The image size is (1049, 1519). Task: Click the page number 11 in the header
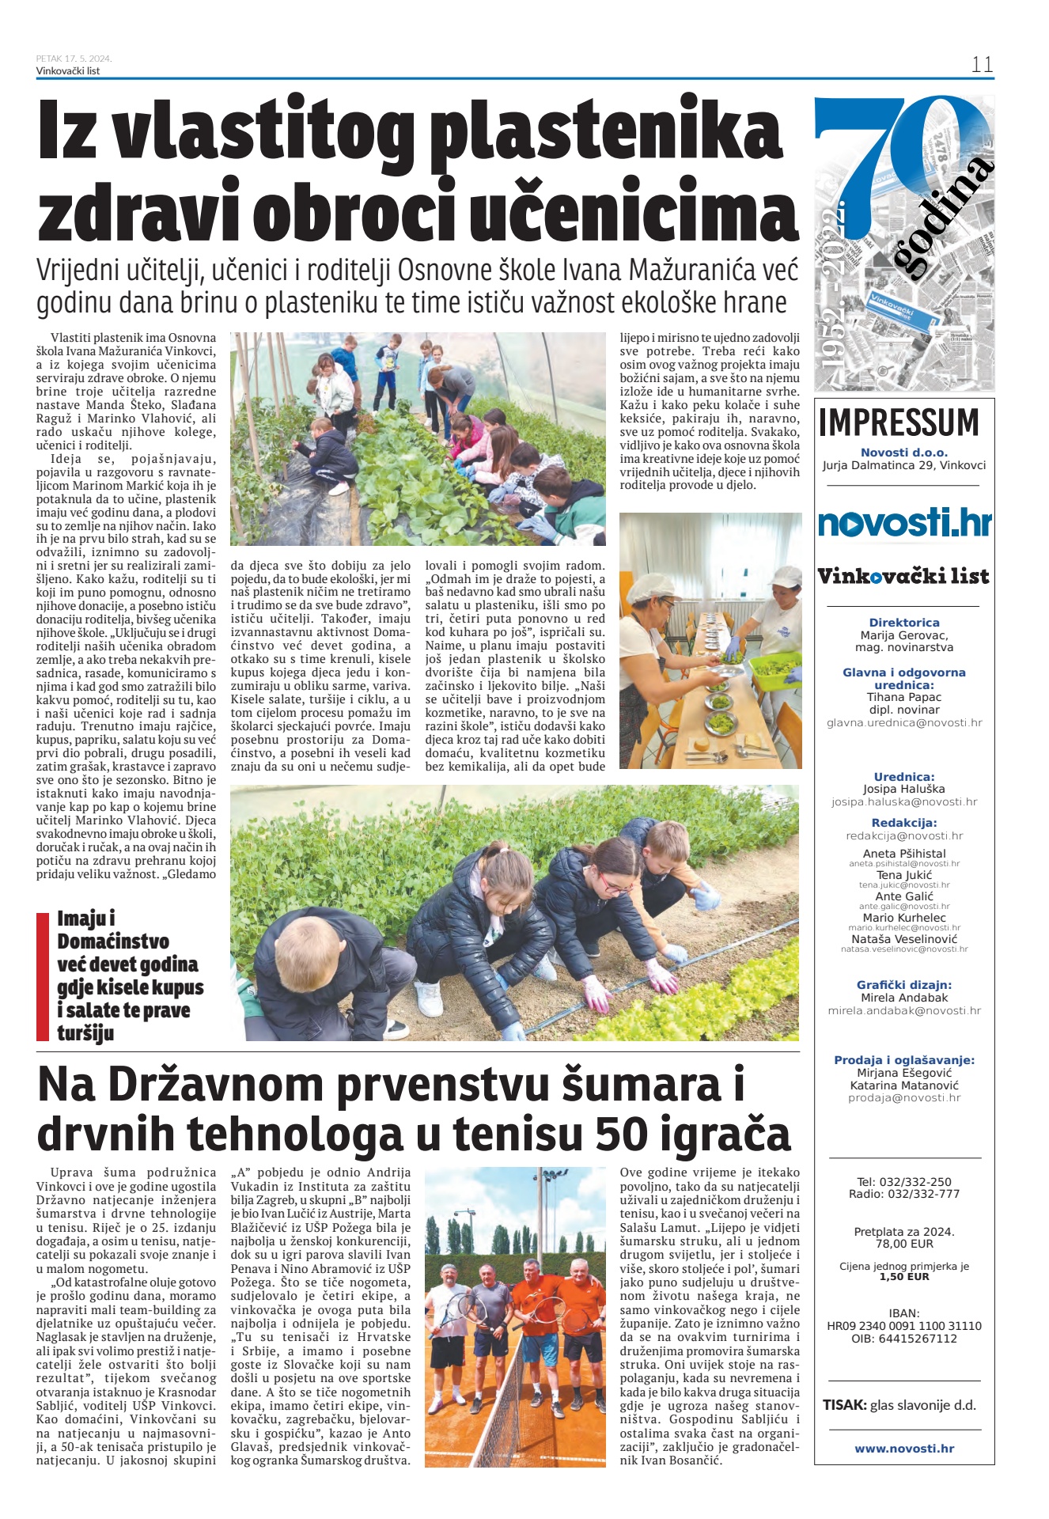point(982,64)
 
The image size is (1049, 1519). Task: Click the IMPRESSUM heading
point(899,422)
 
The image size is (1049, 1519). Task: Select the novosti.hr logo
point(904,523)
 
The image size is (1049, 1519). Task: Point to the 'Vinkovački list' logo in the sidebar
point(903,576)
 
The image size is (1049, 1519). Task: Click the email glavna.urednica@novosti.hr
point(904,722)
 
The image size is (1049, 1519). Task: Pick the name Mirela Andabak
point(904,998)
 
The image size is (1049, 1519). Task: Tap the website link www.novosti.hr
point(904,1449)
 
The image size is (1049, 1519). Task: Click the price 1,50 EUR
point(904,1277)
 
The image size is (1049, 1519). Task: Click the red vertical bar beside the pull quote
point(43,976)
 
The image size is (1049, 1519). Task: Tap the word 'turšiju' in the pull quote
point(85,1033)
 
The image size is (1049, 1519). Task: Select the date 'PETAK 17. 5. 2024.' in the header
point(74,59)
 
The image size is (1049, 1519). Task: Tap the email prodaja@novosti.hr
point(904,1098)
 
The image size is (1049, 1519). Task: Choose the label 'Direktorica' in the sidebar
point(904,623)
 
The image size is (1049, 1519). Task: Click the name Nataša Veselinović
point(904,939)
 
